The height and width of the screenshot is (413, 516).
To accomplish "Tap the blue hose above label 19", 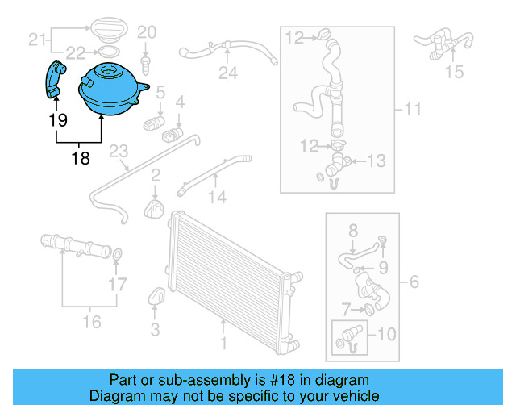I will [x=55, y=78].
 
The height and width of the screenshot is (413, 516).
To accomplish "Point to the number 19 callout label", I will [x=56, y=120].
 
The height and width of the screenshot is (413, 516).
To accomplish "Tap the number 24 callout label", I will [x=228, y=74].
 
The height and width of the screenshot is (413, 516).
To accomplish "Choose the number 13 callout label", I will [x=377, y=161].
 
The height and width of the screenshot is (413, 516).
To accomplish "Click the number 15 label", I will [x=455, y=72].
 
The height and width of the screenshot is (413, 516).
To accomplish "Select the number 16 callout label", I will [x=92, y=322].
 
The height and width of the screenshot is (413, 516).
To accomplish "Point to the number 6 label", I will [x=414, y=282].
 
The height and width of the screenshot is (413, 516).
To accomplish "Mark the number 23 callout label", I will [x=119, y=151].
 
